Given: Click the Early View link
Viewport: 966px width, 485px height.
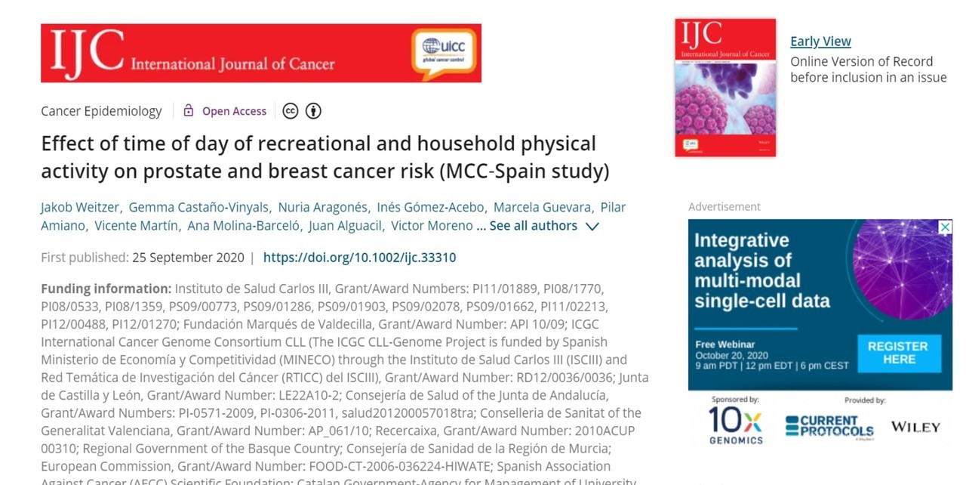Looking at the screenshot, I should (820, 42).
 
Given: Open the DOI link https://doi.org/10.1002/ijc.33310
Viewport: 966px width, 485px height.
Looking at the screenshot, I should (359, 258).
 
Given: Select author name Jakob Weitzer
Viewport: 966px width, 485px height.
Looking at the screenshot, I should (79, 207).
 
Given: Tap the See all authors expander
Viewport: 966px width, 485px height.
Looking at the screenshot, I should (544, 226).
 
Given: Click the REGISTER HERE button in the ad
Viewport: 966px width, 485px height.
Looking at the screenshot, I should (898, 353).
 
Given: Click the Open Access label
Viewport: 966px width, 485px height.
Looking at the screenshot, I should (234, 111).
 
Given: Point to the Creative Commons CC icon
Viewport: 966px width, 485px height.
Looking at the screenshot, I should (291, 111).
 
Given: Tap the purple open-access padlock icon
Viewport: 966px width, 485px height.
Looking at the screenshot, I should (189, 111).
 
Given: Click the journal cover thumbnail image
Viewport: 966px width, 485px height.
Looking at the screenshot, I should (725, 88).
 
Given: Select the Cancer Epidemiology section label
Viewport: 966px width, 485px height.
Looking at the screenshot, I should (101, 111).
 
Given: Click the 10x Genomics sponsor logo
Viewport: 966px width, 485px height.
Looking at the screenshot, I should (735, 425).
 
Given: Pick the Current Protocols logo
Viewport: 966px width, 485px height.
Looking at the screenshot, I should (829, 425).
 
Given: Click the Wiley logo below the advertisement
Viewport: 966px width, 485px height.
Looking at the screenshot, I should (915, 427).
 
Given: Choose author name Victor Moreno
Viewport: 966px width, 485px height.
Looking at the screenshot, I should (432, 226).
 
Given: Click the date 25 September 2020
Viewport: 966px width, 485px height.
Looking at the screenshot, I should (188, 258).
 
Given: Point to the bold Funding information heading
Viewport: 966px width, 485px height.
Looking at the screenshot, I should (106, 289).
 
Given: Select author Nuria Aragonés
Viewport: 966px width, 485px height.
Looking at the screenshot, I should (323, 207).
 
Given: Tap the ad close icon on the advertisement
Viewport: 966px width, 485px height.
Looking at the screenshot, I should (945, 227).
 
